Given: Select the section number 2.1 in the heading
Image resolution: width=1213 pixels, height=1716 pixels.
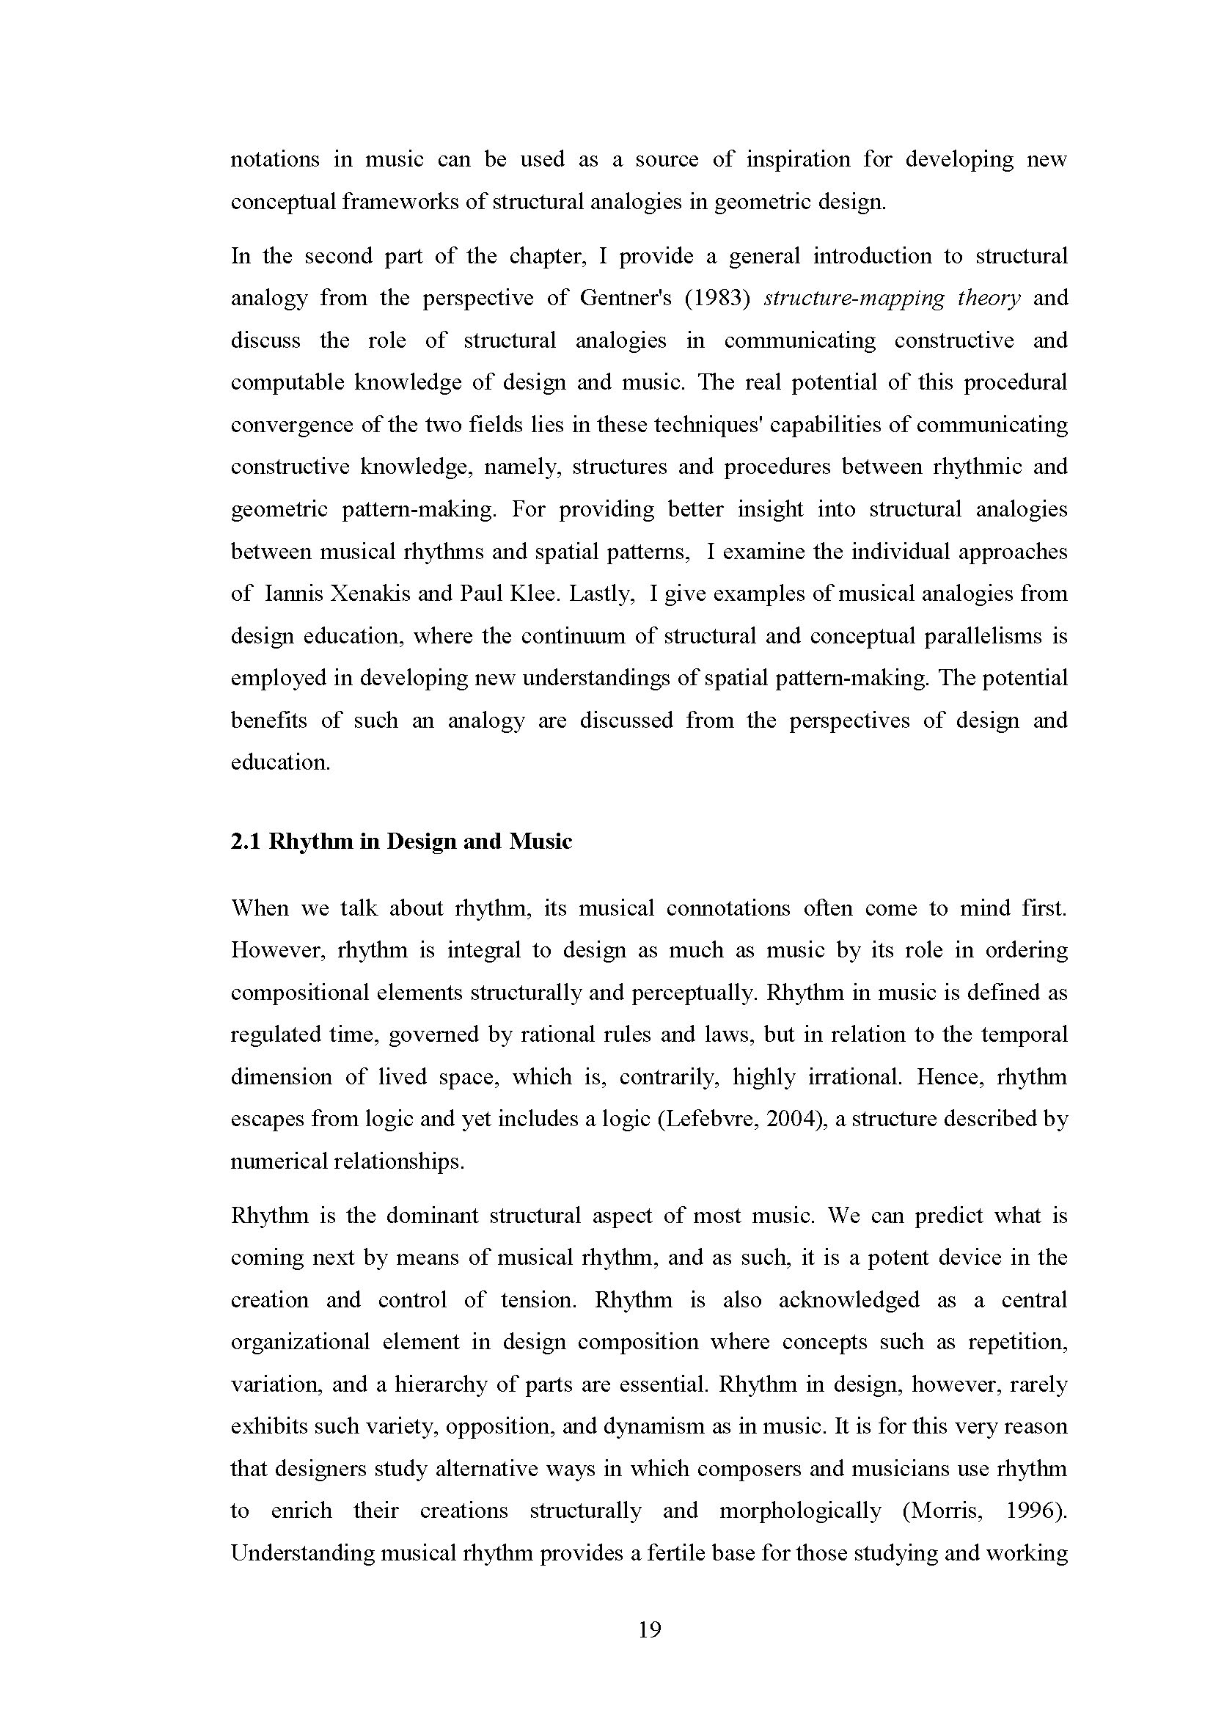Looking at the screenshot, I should pyautogui.click(x=245, y=841).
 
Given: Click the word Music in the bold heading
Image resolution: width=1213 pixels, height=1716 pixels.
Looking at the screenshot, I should pyautogui.click(x=540, y=841).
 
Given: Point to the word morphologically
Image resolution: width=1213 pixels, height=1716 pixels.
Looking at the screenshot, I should pyautogui.click(x=800, y=1511).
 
